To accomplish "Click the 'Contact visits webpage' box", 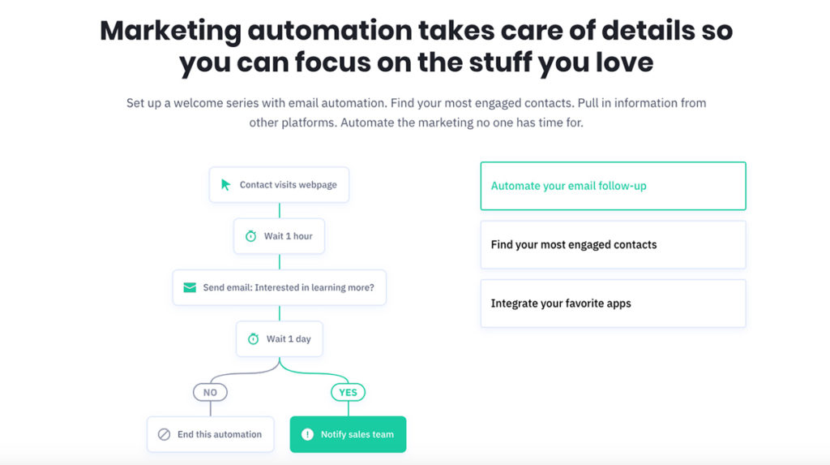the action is [279, 184].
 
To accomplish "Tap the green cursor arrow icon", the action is [225, 184].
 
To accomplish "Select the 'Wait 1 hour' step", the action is [279, 236].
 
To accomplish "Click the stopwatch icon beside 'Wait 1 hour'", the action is [251, 236].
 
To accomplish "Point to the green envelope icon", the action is [190, 287].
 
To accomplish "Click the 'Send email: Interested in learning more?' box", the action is [279, 287].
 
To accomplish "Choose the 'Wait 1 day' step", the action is [279, 338].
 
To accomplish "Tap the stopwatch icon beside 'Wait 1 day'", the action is [253, 338].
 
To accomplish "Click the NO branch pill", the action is [210, 392].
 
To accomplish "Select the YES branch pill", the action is [348, 392].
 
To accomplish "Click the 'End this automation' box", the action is [210, 434].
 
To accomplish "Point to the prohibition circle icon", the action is [164, 434].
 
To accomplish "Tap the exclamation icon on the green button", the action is [307, 434].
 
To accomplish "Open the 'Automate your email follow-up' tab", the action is [613, 186].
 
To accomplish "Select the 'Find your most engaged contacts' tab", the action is [613, 245].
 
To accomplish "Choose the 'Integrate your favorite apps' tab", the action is [613, 304].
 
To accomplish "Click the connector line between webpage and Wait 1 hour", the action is [280, 210].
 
